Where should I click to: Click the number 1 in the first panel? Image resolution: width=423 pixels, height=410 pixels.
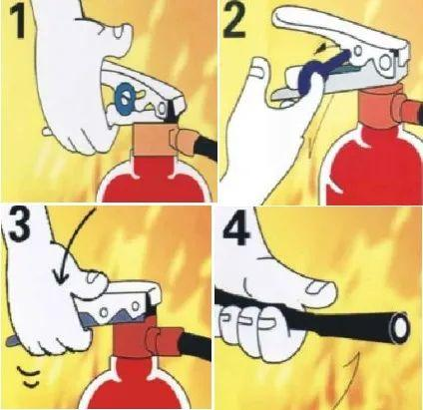coord(17,21)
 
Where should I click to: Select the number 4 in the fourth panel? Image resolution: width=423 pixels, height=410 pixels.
coord(236,227)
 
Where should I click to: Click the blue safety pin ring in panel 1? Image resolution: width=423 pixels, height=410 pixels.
coord(125,98)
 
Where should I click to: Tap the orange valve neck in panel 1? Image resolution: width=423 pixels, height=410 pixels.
coord(152,141)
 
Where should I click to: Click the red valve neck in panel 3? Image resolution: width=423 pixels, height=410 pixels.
coord(132,337)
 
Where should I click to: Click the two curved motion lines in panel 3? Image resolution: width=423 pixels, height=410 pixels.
coord(29,376)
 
